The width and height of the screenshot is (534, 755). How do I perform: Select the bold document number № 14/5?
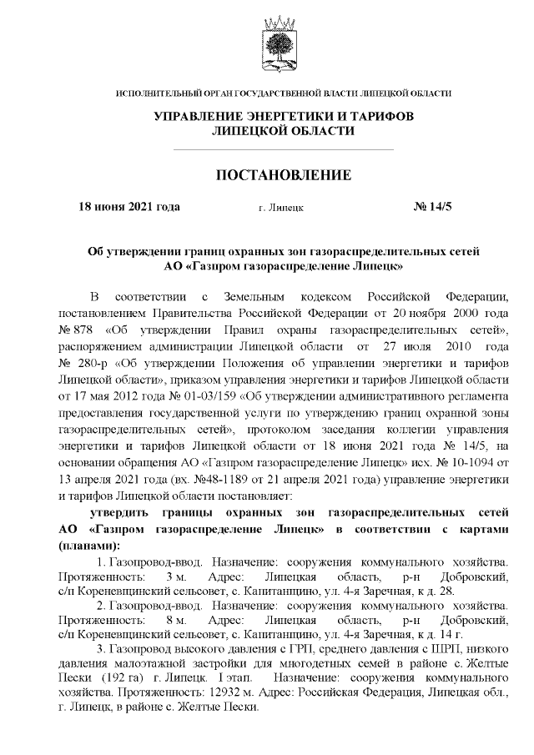tap(432, 206)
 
